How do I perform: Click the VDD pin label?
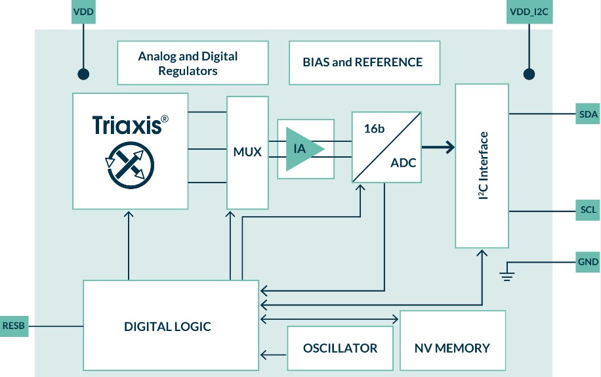point(83,12)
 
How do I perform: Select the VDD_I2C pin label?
point(528,12)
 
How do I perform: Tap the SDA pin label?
point(588,114)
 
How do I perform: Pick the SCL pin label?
point(588,211)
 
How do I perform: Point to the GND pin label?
point(588,262)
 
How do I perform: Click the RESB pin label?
point(14,326)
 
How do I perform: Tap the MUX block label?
point(247,152)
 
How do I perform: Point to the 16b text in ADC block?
point(374,129)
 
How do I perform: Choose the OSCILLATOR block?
point(340,348)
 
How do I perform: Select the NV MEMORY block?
point(452,348)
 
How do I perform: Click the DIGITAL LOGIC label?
point(167,326)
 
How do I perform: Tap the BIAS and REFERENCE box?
point(364,63)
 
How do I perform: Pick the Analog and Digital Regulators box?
point(192,63)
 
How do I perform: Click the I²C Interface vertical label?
point(483,166)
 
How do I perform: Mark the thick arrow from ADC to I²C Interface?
point(438,147)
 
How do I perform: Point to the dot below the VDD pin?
point(83,74)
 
